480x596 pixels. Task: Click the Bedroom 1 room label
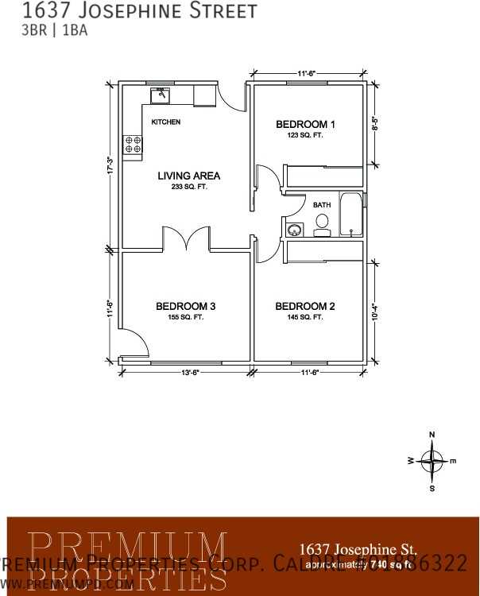point(306,124)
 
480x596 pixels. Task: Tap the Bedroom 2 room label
point(305,307)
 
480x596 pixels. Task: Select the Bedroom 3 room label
point(186,307)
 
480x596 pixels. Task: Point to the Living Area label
point(189,176)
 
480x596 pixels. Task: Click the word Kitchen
point(166,122)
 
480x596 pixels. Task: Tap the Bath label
point(322,205)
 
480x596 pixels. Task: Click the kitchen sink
point(161,95)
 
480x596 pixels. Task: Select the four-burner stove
point(133,144)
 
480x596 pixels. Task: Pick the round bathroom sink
point(294,230)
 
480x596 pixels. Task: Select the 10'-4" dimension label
point(375,311)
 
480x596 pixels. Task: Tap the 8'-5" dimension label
point(375,124)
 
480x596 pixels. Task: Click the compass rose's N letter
point(432,435)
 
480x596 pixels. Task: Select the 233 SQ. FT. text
point(188,188)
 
